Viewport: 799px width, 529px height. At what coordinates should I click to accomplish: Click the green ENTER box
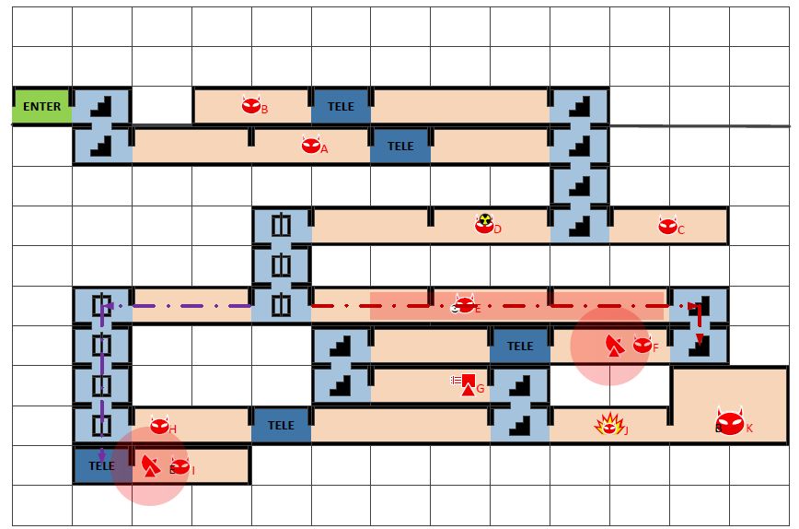coord(41,106)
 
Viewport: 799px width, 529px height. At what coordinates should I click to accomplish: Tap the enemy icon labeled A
coord(310,146)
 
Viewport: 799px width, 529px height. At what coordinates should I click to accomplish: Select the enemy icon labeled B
coord(251,106)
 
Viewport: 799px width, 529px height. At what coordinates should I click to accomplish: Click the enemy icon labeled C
coord(667,226)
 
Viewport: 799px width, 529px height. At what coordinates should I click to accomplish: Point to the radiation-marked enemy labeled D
coord(484,225)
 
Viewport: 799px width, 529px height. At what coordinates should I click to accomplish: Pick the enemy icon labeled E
coord(465,305)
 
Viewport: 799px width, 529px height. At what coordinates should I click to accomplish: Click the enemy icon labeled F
coord(643,345)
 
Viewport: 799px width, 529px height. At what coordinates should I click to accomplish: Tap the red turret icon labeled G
coord(468,384)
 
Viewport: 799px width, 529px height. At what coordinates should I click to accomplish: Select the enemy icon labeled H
coord(159,426)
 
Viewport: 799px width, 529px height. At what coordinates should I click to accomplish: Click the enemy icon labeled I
coord(179,467)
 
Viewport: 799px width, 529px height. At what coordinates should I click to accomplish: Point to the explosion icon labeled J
coord(608,425)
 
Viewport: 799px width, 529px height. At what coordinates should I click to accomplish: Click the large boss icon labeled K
coord(729,423)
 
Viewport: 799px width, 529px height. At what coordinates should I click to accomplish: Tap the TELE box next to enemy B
coord(341,106)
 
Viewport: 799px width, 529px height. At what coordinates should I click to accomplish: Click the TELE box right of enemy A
coord(400,146)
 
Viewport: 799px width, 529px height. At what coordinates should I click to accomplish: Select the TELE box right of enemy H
coord(281,425)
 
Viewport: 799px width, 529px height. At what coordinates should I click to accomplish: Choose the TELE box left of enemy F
coord(520,346)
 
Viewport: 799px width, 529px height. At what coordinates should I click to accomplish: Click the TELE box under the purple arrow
coord(101,466)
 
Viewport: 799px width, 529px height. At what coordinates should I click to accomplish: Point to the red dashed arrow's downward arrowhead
coord(700,339)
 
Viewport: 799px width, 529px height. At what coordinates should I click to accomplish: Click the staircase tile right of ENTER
coord(101,106)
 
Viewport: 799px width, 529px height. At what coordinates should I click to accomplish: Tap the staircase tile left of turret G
coord(341,385)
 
